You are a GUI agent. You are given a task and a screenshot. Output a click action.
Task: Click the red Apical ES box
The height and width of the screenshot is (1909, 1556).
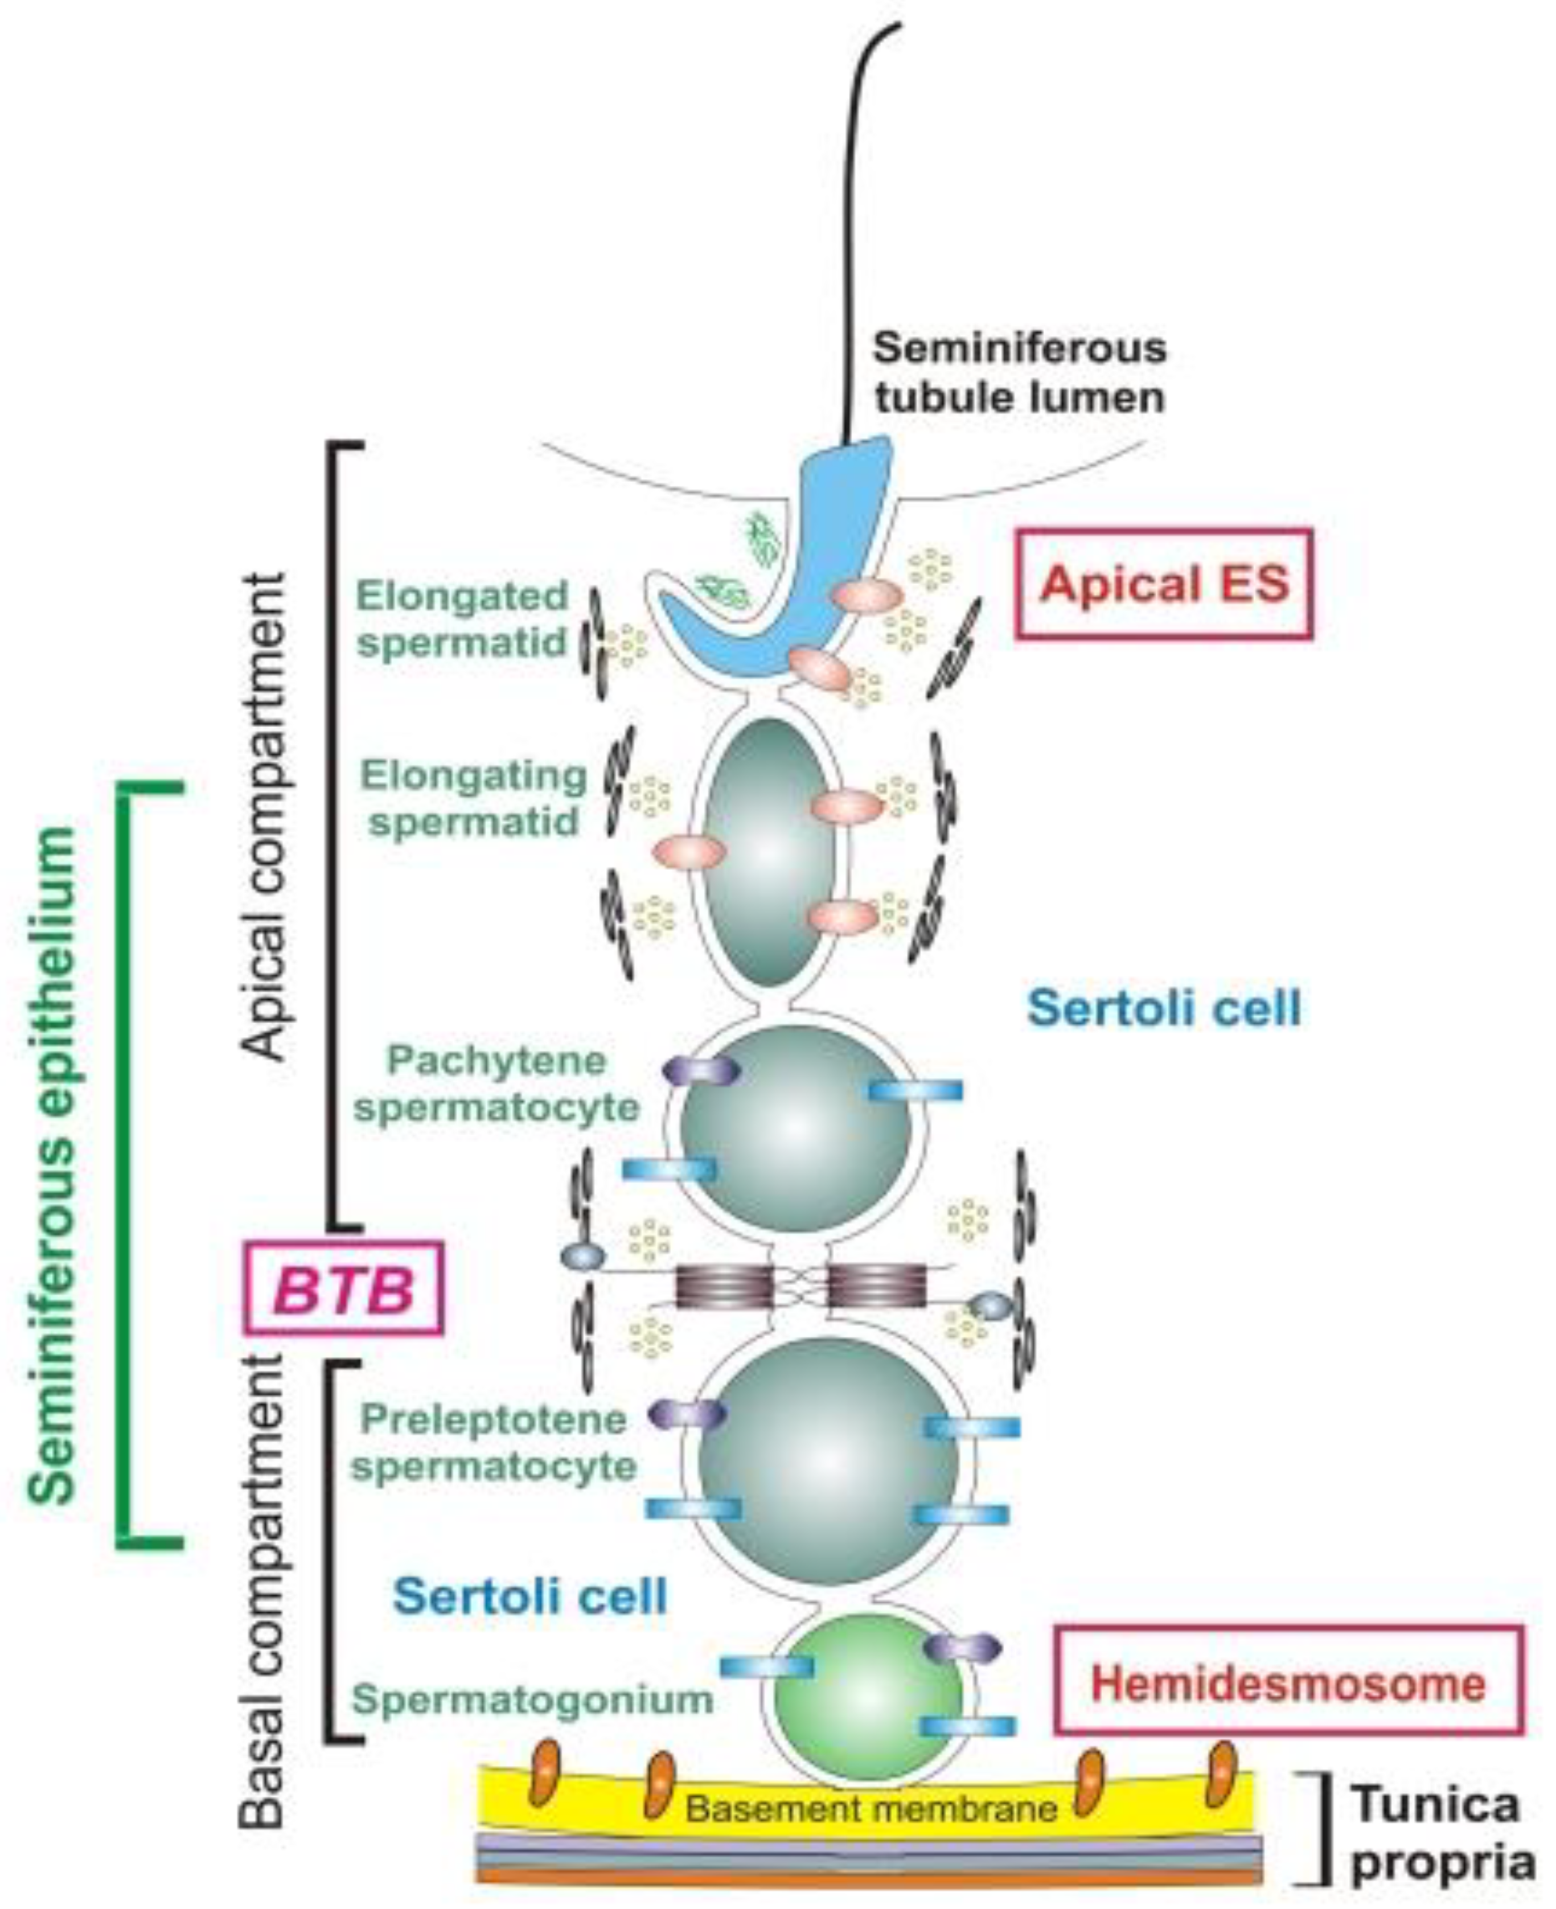point(1163,584)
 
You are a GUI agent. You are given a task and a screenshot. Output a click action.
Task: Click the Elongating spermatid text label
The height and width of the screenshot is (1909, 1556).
point(473,798)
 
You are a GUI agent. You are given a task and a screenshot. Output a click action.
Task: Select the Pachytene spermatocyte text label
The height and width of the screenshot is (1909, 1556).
point(496,1085)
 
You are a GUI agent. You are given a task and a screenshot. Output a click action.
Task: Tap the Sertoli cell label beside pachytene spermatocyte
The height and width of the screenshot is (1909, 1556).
point(1163,1007)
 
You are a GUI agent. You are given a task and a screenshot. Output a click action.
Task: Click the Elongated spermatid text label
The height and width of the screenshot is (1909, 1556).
point(462,618)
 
